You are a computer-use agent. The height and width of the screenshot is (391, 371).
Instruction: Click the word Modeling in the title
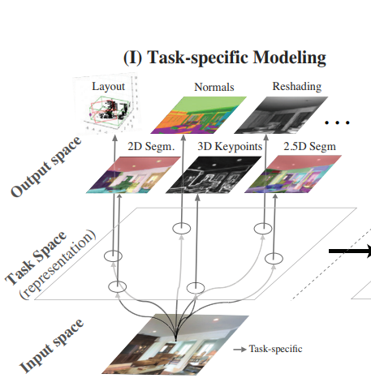click(289, 58)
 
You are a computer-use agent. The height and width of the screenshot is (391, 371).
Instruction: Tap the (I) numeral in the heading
click(133, 58)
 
